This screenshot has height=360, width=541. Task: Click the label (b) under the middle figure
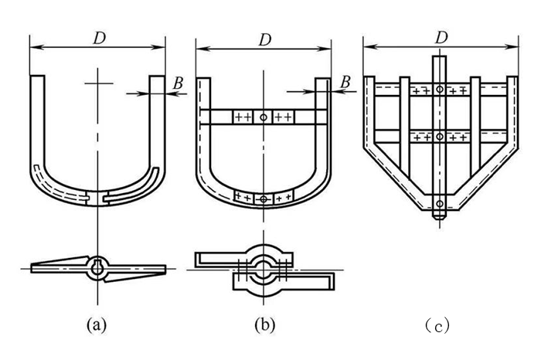[264, 325]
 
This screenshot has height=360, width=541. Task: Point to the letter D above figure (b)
[264, 38]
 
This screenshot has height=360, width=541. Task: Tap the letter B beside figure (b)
[345, 81]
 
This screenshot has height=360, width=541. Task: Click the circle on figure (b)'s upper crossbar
[264, 117]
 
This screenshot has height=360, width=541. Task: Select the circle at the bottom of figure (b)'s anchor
[264, 199]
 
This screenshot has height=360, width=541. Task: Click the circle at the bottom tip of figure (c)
[439, 205]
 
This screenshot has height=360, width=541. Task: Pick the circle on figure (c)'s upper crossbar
[439, 90]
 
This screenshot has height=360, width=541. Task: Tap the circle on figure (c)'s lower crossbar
[439, 137]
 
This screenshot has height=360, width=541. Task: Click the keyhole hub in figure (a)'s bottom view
[97, 267]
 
